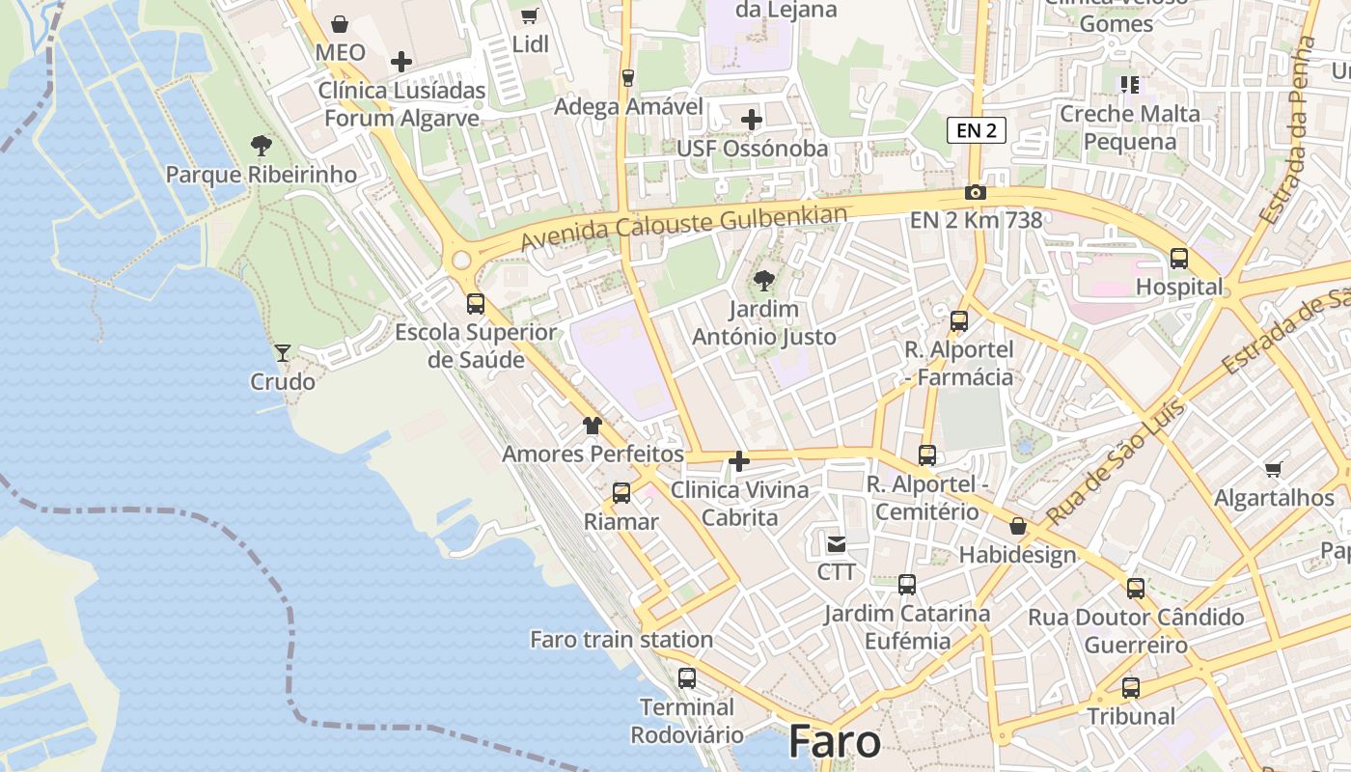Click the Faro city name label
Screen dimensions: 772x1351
point(835,742)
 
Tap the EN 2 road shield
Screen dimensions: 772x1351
point(977,130)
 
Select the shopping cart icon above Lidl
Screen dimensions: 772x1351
point(529,15)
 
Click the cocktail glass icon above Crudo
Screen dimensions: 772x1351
point(283,352)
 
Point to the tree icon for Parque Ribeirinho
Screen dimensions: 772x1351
point(261,146)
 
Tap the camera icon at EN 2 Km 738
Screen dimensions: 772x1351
point(976,192)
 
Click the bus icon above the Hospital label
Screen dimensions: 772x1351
point(1179,258)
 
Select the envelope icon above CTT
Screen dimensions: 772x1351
point(836,543)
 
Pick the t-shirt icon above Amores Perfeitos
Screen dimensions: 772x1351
point(593,425)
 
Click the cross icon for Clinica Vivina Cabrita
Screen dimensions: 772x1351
point(739,461)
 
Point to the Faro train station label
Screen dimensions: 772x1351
point(621,639)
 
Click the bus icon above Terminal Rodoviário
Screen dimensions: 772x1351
point(687,677)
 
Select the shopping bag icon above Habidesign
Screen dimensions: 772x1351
point(1017,526)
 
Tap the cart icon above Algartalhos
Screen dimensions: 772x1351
point(1274,469)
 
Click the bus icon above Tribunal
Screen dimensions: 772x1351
point(1131,688)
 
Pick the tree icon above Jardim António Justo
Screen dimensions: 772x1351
point(764,281)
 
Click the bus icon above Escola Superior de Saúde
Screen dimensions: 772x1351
point(476,303)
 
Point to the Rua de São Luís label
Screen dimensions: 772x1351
point(1117,462)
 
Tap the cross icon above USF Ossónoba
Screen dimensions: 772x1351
point(752,120)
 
